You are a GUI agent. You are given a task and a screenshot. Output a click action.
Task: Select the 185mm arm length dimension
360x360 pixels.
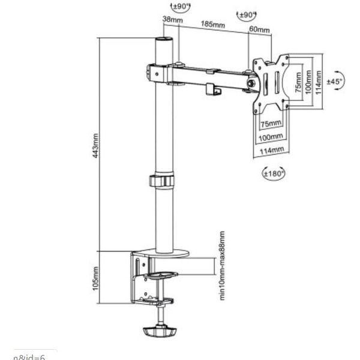click(x=214, y=25)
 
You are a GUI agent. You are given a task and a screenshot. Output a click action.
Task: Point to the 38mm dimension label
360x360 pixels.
click(x=172, y=20)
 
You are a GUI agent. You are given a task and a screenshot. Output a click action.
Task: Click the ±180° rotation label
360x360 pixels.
click(x=274, y=173)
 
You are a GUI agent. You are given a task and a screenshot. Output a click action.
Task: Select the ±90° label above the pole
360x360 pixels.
click(x=180, y=7)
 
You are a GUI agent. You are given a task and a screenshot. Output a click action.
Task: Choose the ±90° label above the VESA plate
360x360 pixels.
click(x=247, y=14)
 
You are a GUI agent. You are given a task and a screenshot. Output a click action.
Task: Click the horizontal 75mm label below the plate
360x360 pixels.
click(x=271, y=123)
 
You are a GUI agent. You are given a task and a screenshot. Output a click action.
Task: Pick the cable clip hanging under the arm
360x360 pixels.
click(x=211, y=89)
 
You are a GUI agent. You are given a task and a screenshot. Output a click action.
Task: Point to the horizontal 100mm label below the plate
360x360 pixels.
click(x=271, y=137)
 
